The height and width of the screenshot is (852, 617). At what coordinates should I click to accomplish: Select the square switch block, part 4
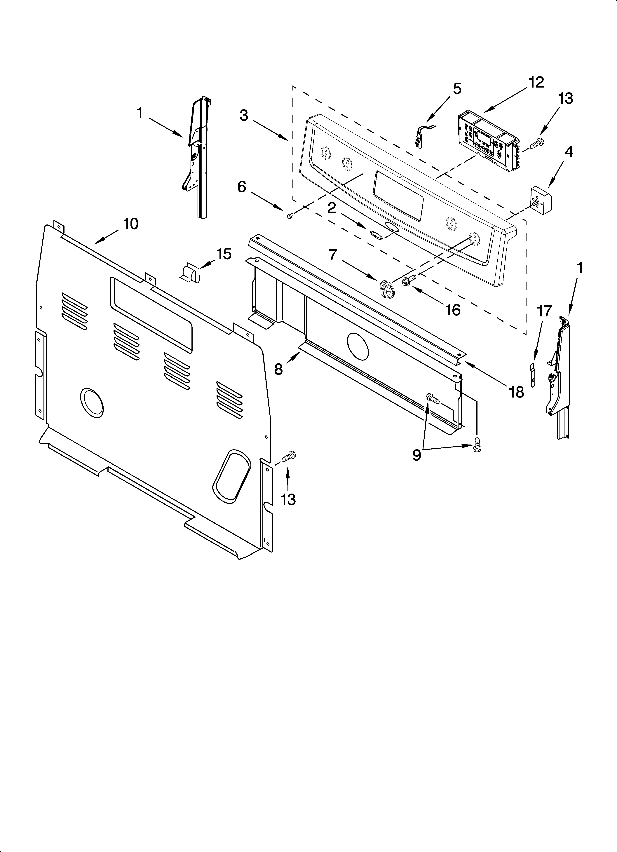point(541,199)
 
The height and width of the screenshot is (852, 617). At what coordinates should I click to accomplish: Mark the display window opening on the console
point(398,195)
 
